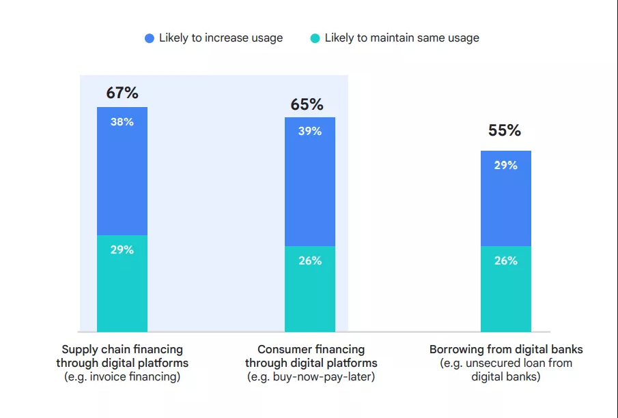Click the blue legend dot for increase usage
coord(150,38)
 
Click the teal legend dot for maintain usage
coord(315,38)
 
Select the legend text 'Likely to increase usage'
coord(221,38)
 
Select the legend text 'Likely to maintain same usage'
coord(402,38)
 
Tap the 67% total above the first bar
coord(122,93)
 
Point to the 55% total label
coord(505,130)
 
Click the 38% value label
coord(122,122)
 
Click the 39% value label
coord(310,131)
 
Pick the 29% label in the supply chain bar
coord(122,250)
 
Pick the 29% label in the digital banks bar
coord(506,165)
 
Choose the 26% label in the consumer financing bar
coord(310,260)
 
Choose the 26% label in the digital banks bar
coord(506,260)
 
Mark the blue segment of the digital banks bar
coord(506,205)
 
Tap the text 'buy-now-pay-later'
coord(321,376)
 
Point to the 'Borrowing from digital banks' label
coord(506,350)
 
